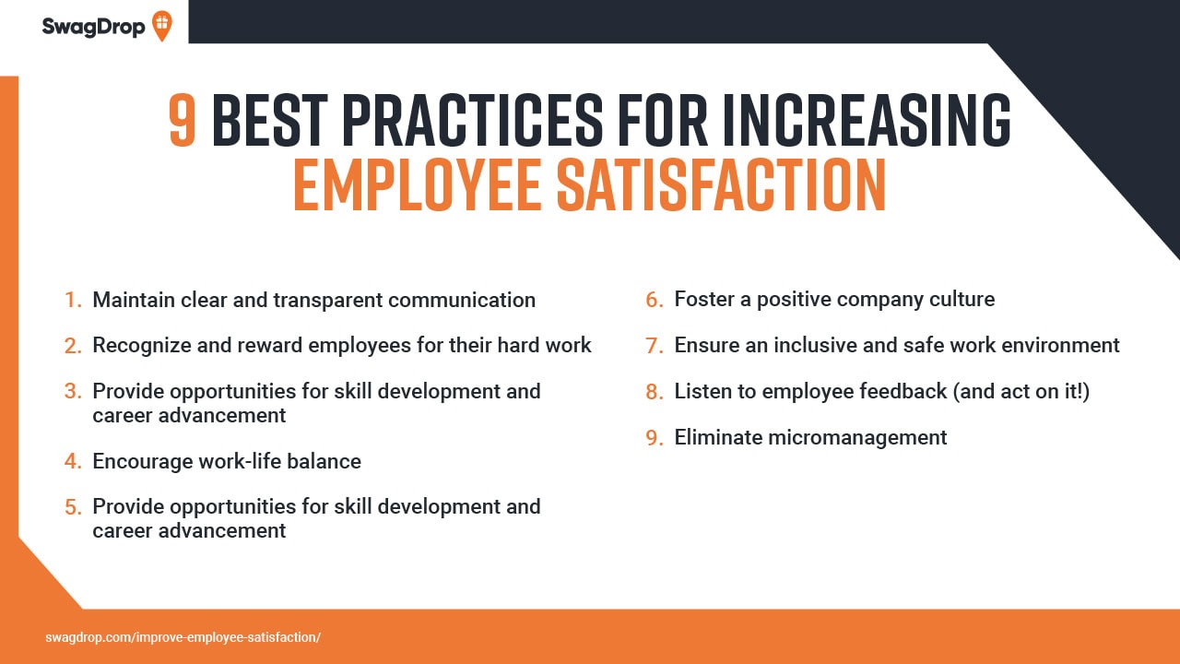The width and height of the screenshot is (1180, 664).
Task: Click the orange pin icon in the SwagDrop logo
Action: pyautogui.click(x=161, y=25)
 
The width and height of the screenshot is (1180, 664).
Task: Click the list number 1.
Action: pyautogui.click(x=72, y=301)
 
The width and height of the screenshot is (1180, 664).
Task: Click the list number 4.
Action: pyautogui.click(x=72, y=461)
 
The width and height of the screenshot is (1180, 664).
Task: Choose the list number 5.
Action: pyautogui.click(x=72, y=507)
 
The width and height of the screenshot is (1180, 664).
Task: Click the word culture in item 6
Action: pyautogui.click(x=959, y=300)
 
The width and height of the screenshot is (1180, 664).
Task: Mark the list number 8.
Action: pyautogui.click(x=654, y=392)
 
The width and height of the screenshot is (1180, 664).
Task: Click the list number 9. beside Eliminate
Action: pyautogui.click(x=654, y=438)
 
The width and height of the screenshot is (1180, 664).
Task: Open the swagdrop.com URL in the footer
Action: pyautogui.click(x=183, y=637)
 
